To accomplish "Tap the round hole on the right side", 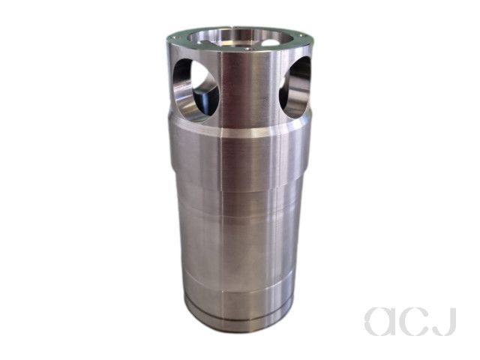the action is pos(295,87).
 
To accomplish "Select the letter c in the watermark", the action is pos(418,322).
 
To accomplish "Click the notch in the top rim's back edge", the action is pos(234,28).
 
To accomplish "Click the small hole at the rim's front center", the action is pos(248,48).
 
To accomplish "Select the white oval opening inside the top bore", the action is pos(270,43).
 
